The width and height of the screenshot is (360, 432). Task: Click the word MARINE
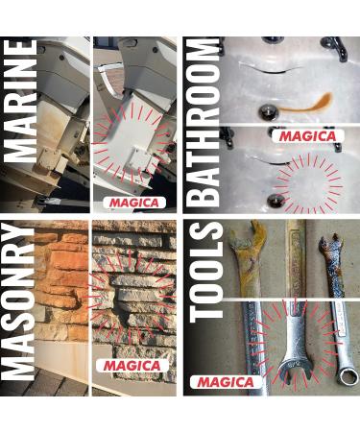20,101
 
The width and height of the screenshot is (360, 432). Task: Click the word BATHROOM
203,123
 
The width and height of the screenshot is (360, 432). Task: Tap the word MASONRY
18,301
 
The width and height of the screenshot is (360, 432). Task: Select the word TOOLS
206,272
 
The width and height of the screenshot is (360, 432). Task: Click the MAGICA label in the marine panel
134,203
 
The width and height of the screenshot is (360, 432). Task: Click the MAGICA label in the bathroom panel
308,136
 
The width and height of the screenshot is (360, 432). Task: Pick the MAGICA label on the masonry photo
132,366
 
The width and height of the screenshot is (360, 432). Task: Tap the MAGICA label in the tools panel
226,382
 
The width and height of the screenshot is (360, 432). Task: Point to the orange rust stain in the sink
306,105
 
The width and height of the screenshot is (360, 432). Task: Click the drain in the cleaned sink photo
276,201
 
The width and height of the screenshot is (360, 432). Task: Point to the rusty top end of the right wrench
331,247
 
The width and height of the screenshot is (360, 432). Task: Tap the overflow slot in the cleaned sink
279,162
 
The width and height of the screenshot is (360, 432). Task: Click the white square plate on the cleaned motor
137,158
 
